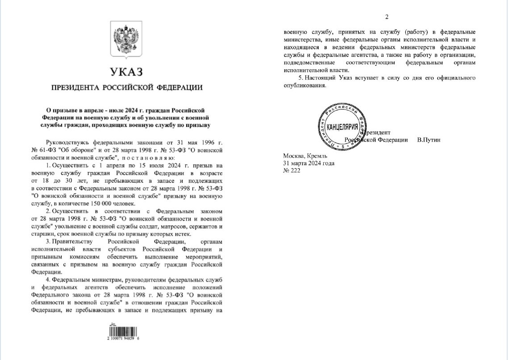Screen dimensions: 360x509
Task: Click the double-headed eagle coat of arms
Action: click(127, 40)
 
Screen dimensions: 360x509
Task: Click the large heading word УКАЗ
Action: click(127, 72)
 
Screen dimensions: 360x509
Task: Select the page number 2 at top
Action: click(387, 17)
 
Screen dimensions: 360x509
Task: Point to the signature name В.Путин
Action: click(429, 140)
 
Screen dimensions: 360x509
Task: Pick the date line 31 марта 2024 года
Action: click(309, 163)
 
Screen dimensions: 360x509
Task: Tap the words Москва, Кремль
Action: click(305, 156)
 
